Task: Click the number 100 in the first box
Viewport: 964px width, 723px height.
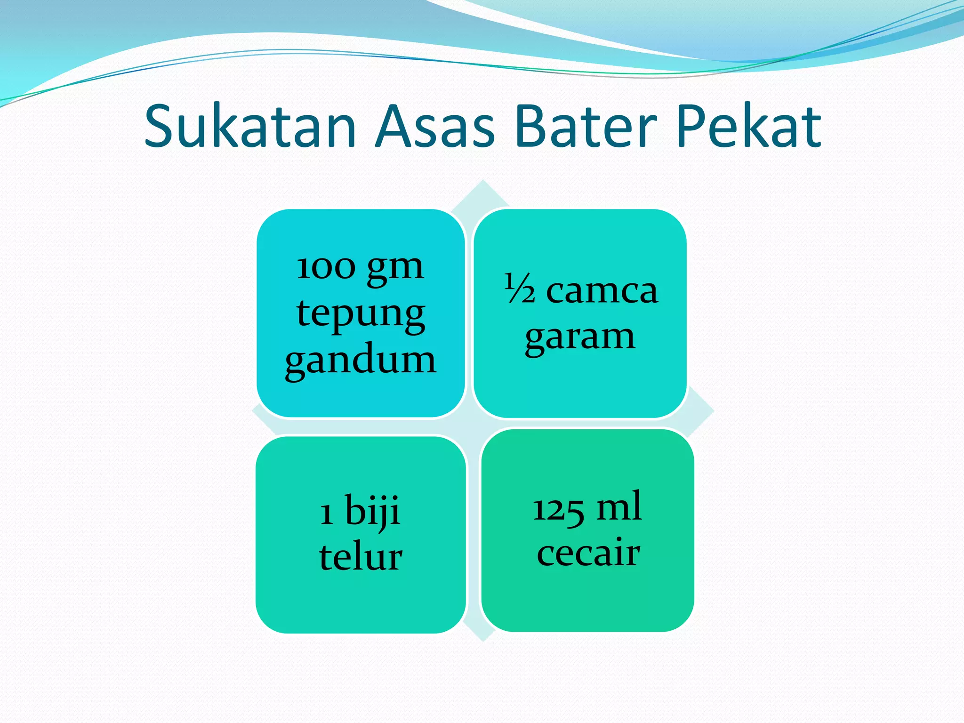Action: pos(326,268)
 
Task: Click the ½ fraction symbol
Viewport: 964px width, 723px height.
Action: pos(520,288)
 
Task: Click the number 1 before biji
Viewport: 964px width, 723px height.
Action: pos(327,513)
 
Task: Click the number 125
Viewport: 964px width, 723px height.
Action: pos(558,509)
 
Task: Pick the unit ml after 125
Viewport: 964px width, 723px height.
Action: pos(619,506)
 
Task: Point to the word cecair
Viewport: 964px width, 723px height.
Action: pos(588,553)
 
